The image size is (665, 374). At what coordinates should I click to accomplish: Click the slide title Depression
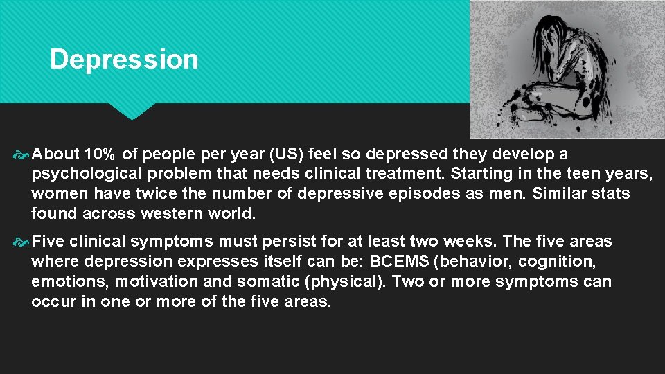click(x=124, y=60)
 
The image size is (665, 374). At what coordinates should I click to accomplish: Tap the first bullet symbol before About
click(x=21, y=153)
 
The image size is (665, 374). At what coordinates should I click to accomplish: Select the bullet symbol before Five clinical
click(x=21, y=242)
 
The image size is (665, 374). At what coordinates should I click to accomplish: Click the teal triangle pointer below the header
click(x=133, y=110)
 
